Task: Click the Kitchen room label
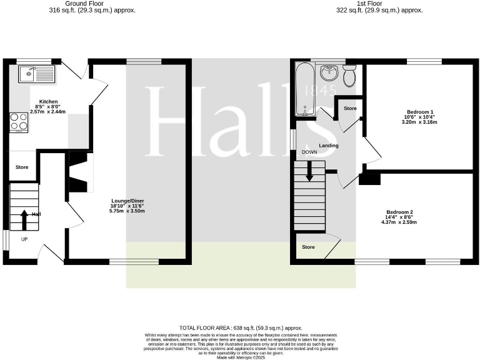click(x=49, y=101)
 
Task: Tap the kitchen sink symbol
click(x=36, y=74)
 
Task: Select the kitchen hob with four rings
click(x=19, y=121)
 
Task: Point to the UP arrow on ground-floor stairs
click(x=24, y=220)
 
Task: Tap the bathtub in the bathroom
click(x=305, y=89)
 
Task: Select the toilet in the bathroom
click(x=349, y=76)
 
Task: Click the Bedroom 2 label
click(x=399, y=211)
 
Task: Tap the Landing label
click(x=328, y=146)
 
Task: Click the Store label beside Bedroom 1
click(x=351, y=109)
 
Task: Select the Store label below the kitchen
click(x=22, y=167)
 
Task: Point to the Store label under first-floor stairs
click(x=309, y=247)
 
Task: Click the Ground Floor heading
click(x=92, y=4)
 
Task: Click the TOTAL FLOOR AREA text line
click(x=241, y=327)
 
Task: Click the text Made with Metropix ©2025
click(x=240, y=357)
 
